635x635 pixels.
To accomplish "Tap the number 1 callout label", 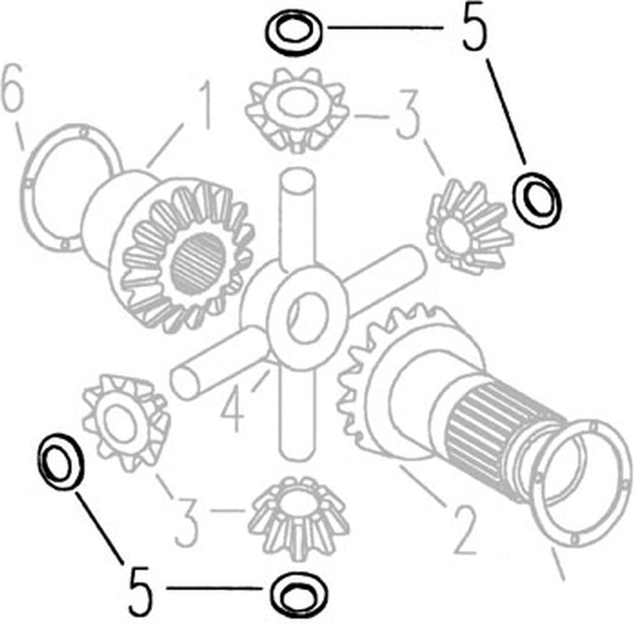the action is pyautogui.click(x=204, y=104).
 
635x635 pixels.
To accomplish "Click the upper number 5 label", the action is pyautogui.click(x=475, y=26).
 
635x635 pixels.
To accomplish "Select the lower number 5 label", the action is pyautogui.click(x=140, y=591).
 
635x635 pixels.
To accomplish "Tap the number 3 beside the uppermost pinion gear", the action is pyautogui.click(x=407, y=114).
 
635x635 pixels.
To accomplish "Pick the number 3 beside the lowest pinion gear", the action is pyautogui.click(x=185, y=522).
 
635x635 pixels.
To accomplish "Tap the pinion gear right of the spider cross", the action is pyautogui.click(x=469, y=227).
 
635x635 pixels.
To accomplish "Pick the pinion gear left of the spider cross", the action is pyautogui.click(x=126, y=423).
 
